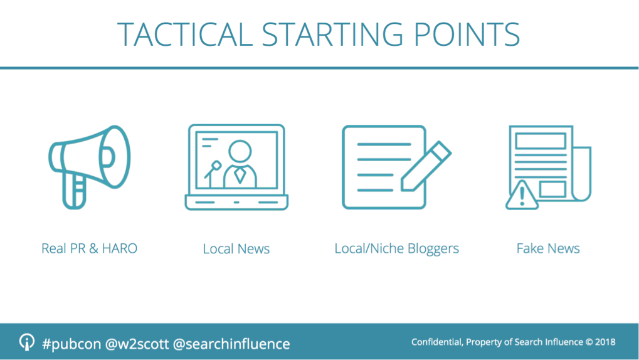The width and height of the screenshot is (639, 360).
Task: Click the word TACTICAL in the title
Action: click(x=184, y=34)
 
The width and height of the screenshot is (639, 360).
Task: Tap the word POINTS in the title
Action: click(x=467, y=34)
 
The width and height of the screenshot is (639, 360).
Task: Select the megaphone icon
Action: click(x=90, y=167)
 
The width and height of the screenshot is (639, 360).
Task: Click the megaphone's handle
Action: click(x=74, y=192)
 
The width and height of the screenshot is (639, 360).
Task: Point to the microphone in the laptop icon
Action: click(x=213, y=173)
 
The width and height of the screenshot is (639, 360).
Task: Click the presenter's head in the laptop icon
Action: click(x=240, y=152)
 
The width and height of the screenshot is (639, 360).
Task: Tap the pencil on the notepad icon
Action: click(x=426, y=166)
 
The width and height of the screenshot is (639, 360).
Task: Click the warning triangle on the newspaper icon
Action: click(x=522, y=196)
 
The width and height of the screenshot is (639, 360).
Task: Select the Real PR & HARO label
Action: click(x=89, y=248)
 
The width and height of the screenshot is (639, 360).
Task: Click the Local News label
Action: click(x=236, y=249)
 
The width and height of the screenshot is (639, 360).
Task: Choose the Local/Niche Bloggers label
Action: click(x=396, y=249)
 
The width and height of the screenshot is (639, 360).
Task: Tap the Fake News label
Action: click(x=548, y=248)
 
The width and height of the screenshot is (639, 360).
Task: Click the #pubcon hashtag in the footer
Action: click(x=71, y=344)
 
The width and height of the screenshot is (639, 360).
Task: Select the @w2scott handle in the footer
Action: click(x=137, y=344)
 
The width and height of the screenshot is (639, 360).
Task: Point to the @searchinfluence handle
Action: click(x=231, y=344)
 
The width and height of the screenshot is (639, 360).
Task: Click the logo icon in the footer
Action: click(x=27, y=342)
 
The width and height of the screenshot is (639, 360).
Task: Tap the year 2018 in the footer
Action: click(x=605, y=342)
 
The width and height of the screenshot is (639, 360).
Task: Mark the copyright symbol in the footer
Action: click(x=589, y=342)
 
